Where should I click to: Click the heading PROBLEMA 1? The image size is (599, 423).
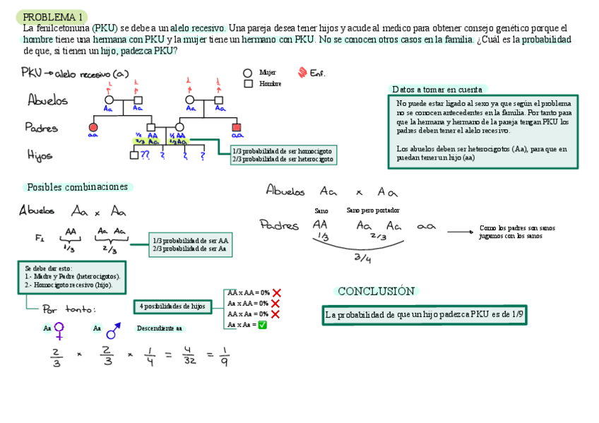click(53, 16)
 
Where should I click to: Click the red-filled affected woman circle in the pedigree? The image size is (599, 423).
click(93, 127)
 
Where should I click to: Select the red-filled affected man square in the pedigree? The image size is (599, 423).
click(237, 127)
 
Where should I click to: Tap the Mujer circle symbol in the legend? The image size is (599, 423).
click(248, 72)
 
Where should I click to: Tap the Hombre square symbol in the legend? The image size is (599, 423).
click(248, 83)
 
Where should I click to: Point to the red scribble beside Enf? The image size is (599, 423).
click(302, 72)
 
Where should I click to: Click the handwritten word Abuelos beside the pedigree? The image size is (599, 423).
click(48, 100)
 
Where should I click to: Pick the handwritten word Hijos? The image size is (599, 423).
click(40, 155)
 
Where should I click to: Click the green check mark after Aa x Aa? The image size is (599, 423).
click(262, 325)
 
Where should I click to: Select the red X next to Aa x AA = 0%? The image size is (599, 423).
click(275, 304)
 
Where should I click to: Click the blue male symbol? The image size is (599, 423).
click(112, 330)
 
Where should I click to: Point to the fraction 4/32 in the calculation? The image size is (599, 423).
click(189, 357)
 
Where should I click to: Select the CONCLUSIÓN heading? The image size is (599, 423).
click(375, 291)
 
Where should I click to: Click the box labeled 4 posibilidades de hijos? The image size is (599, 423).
click(172, 306)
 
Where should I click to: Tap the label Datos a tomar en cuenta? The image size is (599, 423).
click(437, 90)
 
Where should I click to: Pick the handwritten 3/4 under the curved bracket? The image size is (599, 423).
click(362, 258)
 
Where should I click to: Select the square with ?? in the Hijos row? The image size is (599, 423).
click(134, 156)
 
